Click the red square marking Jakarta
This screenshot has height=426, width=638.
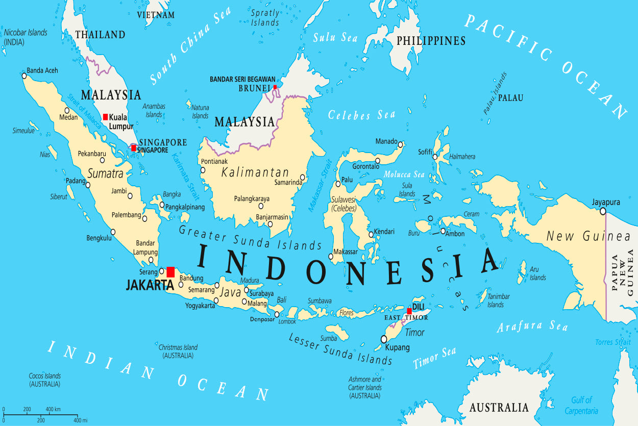pos(170,272)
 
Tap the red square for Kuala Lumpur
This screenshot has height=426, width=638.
pos(106,117)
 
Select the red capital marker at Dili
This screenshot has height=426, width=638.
pos(409,311)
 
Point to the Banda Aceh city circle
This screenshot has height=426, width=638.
pos(23,76)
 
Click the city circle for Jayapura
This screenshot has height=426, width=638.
pos(603,211)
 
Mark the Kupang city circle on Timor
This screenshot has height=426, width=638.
pos(384,339)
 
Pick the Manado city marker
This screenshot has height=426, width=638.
pos(401,144)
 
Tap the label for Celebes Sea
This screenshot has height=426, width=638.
pos(361,115)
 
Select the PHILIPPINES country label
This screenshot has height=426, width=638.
pos(431,41)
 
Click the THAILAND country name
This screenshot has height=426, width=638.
pos(100,35)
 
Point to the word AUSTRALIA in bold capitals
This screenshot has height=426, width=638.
pos(499,407)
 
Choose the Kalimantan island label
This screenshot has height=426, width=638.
pos(255,172)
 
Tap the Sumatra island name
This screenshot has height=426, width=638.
pos(105,173)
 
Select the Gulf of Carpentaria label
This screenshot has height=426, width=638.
pos(581,406)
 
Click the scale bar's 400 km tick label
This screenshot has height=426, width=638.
pos(53,409)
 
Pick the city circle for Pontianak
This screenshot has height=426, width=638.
pos(203,170)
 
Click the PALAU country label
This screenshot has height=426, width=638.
pos(510,97)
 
